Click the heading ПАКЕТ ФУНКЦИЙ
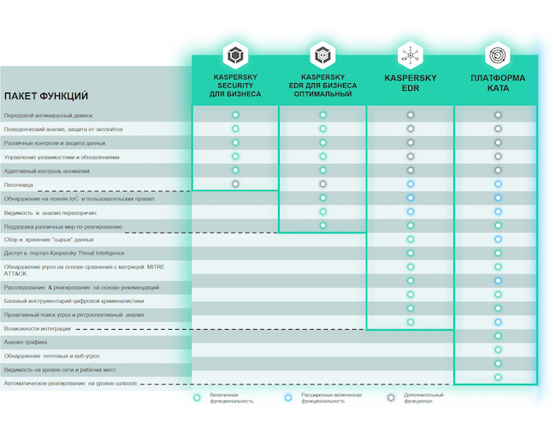(x=46, y=96)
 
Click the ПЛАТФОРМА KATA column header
(x=497, y=83)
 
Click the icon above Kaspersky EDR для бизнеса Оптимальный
(x=322, y=57)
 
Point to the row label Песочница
(x=19, y=184)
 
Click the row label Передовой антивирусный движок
(x=49, y=115)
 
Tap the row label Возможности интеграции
(x=38, y=328)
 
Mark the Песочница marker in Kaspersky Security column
(x=235, y=184)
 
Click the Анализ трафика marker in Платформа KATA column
(x=498, y=336)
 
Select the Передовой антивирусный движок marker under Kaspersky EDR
(x=411, y=115)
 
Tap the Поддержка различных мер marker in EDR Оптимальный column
(x=322, y=225)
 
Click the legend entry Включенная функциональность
(x=227, y=398)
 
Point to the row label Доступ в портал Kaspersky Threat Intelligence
(x=64, y=253)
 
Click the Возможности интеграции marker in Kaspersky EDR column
(x=411, y=322)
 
